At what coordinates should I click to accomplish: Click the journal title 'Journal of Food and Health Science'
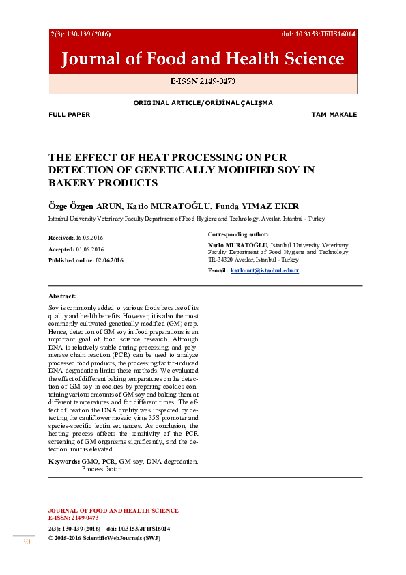[203, 59]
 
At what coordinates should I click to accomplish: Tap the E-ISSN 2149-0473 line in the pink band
[203, 81]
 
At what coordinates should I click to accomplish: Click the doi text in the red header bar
[318, 33]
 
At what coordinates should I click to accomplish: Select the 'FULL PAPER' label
[69, 115]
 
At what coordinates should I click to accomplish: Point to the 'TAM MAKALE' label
[334, 115]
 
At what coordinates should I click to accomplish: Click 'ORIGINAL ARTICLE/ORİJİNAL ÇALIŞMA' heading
[203, 103]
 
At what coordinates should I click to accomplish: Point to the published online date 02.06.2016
[109, 260]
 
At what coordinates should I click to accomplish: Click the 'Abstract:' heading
[62, 296]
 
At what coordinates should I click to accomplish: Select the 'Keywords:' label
[63, 462]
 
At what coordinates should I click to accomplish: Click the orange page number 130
[25, 542]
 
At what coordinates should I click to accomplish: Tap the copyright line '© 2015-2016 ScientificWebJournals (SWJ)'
[104, 538]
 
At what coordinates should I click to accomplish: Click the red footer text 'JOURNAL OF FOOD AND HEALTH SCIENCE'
[113, 511]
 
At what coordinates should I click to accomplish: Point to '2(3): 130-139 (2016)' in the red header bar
[81, 33]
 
